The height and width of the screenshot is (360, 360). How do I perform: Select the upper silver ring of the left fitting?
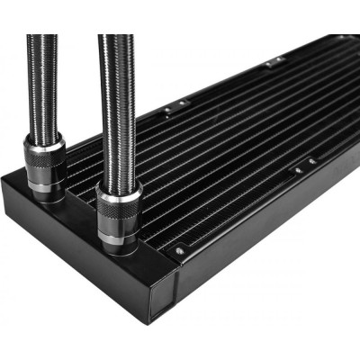(44, 143)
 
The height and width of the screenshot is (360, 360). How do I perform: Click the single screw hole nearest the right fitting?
(179, 251)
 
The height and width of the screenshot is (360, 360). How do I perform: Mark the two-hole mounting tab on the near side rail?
(304, 166)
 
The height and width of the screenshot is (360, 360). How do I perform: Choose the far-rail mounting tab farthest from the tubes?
(276, 61)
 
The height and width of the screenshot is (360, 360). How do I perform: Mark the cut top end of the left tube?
(41, 37)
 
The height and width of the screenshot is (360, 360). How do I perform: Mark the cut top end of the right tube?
(115, 37)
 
